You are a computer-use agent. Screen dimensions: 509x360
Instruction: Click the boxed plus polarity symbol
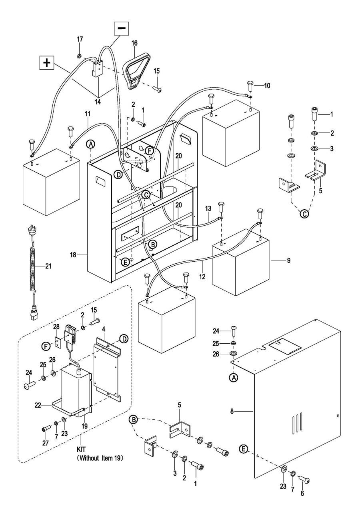point(47,62)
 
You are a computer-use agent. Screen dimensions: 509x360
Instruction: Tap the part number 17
point(80,39)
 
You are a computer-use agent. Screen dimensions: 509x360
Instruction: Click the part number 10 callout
point(267,86)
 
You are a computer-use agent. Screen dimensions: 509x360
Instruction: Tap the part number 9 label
point(288,261)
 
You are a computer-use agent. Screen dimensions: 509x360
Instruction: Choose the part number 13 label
point(208,208)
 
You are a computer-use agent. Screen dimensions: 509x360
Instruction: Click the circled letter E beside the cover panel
point(243,449)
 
